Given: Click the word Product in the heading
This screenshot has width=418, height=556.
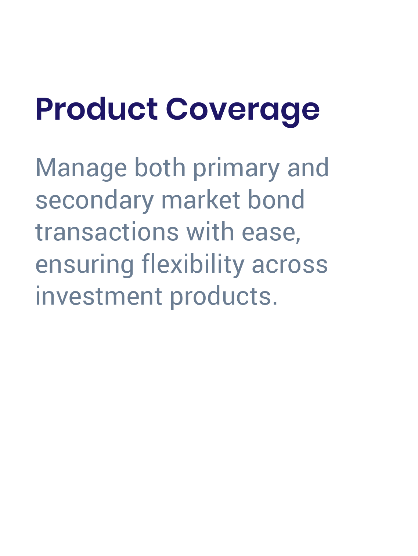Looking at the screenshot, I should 97,109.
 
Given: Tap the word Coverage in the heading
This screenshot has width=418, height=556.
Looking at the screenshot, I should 243,109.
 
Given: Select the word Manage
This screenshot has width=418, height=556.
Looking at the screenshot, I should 81,168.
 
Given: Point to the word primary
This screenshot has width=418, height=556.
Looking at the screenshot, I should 236,168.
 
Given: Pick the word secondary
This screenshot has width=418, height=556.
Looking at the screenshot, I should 94,200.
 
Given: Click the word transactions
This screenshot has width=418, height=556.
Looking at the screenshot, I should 107,232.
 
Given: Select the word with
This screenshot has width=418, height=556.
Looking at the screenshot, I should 210,232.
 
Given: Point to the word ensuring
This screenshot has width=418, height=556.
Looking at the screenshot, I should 84,264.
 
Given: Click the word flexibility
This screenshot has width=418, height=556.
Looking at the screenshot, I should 193,264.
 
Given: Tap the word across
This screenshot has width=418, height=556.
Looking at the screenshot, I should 290,264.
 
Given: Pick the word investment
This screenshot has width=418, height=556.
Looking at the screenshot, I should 99,296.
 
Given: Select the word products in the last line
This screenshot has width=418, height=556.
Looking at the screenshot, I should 220,296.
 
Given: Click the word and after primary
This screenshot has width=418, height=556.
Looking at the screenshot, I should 308,168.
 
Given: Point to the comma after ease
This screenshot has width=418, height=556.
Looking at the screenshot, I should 298,239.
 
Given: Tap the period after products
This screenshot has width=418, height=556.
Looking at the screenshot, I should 275,304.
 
